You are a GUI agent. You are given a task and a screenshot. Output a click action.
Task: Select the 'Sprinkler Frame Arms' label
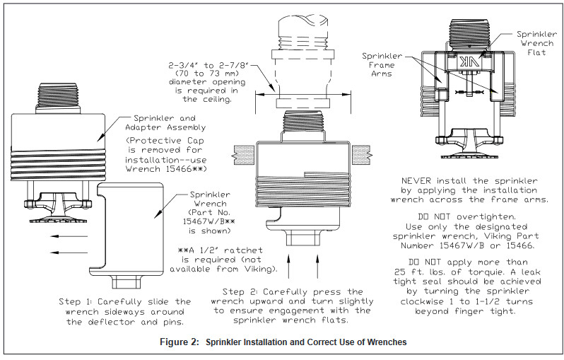click(x=382, y=64)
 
